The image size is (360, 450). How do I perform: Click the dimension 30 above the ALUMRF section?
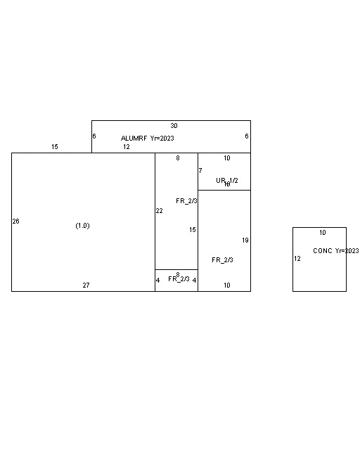(x=174, y=126)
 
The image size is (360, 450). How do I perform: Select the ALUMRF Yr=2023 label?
(x=147, y=139)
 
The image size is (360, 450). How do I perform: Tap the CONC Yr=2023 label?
(x=335, y=251)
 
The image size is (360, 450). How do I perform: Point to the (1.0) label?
(x=82, y=226)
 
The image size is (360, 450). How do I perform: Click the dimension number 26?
(x=15, y=221)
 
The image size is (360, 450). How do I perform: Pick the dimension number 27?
(x=86, y=285)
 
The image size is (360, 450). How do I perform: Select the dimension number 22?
(x=159, y=211)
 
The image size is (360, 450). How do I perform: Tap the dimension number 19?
(x=245, y=240)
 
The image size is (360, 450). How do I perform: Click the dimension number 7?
(x=200, y=171)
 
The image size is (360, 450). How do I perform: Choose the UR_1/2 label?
(x=226, y=181)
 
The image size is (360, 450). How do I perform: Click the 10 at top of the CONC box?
(x=323, y=233)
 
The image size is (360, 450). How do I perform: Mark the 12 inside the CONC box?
(x=297, y=259)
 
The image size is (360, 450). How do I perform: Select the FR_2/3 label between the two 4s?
(x=179, y=279)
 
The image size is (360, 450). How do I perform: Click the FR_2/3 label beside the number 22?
(x=186, y=201)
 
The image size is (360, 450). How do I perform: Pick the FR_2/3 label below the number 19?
(x=222, y=260)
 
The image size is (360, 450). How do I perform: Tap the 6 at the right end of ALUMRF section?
(x=247, y=136)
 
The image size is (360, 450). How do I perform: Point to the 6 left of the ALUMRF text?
(x=94, y=136)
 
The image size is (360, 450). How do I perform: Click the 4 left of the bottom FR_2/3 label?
(x=157, y=281)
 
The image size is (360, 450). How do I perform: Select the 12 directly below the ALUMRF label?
(x=126, y=147)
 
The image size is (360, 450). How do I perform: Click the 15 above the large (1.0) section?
(x=54, y=147)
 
